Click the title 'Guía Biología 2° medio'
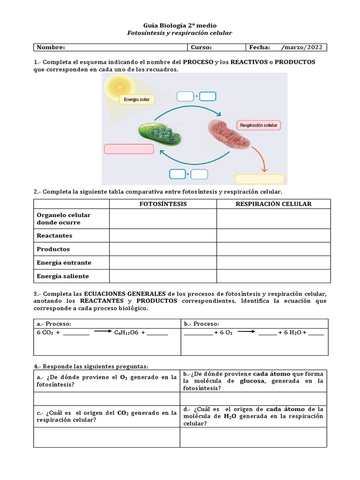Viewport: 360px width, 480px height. click(x=180, y=25)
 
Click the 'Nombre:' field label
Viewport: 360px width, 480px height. click(x=51, y=47)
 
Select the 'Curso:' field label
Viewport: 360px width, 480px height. click(x=201, y=47)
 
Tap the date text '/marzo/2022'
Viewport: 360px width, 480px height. click(x=301, y=47)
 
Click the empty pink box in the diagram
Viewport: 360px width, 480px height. click(x=128, y=149)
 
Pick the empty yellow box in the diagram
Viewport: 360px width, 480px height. click(x=259, y=179)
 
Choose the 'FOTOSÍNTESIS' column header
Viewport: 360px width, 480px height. click(x=163, y=204)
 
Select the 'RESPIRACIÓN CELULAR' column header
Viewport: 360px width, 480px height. click(x=273, y=204)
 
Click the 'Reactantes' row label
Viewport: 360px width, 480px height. click(x=54, y=236)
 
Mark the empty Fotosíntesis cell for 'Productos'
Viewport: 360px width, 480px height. click(x=163, y=249)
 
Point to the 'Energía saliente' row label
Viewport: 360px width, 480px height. click(x=63, y=276)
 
